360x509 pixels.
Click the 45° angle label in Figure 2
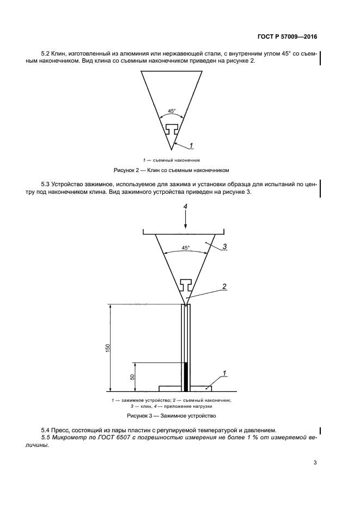[172, 111]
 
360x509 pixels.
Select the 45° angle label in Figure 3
[185, 248]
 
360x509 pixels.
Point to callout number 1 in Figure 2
[192, 145]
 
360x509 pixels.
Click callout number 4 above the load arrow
[185, 206]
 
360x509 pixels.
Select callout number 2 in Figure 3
[224, 286]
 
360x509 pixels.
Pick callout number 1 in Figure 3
[224, 373]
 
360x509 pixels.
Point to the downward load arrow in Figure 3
[185, 220]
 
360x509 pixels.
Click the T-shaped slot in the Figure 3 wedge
[185, 284]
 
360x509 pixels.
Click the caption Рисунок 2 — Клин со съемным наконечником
[172, 170]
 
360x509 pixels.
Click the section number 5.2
[46, 53]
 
